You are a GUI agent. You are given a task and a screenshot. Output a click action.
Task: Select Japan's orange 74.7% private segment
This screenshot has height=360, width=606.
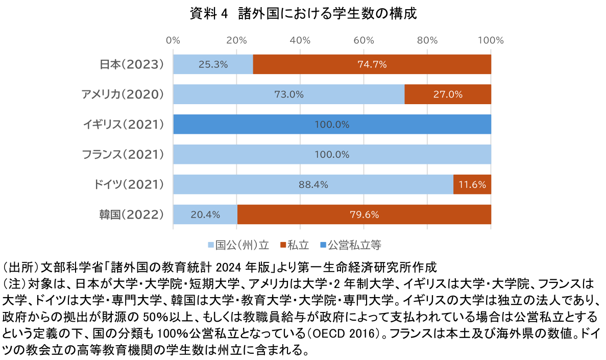pyautogui.click(x=372, y=64)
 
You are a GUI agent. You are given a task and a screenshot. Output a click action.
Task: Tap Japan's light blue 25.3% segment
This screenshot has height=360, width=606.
pyautogui.click(x=213, y=64)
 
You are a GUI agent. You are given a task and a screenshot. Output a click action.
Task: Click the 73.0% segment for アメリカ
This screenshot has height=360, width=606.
pyautogui.click(x=288, y=94)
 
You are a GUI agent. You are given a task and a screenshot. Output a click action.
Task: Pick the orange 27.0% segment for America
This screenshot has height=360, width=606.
pyautogui.click(x=448, y=94)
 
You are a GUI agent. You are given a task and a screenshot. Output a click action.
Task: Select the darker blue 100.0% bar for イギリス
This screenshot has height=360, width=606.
pyautogui.click(x=332, y=125)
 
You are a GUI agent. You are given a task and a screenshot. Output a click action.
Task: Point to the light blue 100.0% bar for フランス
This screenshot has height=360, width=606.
pyautogui.click(x=332, y=154)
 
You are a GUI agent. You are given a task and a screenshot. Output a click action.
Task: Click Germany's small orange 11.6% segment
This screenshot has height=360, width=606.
pyautogui.click(x=472, y=184)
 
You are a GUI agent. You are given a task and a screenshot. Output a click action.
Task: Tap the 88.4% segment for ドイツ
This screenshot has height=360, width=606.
pyautogui.click(x=313, y=184)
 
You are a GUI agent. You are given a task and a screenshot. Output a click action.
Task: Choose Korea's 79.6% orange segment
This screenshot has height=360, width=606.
pyautogui.click(x=364, y=214)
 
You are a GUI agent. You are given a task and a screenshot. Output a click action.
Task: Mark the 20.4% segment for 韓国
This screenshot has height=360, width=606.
pyautogui.click(x=205, y=214)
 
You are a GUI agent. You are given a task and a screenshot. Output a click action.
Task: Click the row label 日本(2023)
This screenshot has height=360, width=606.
pyautogui.click(x=131, y=64)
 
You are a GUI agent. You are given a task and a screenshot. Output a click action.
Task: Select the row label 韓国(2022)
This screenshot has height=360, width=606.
pyautogui.click(x=131, y=214)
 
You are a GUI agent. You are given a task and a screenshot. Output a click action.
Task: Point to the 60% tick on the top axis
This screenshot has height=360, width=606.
pyautogui.click(x=364, y=40)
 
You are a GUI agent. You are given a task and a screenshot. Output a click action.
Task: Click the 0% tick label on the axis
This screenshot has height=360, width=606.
pyautogui.click(x=174, y=40)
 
